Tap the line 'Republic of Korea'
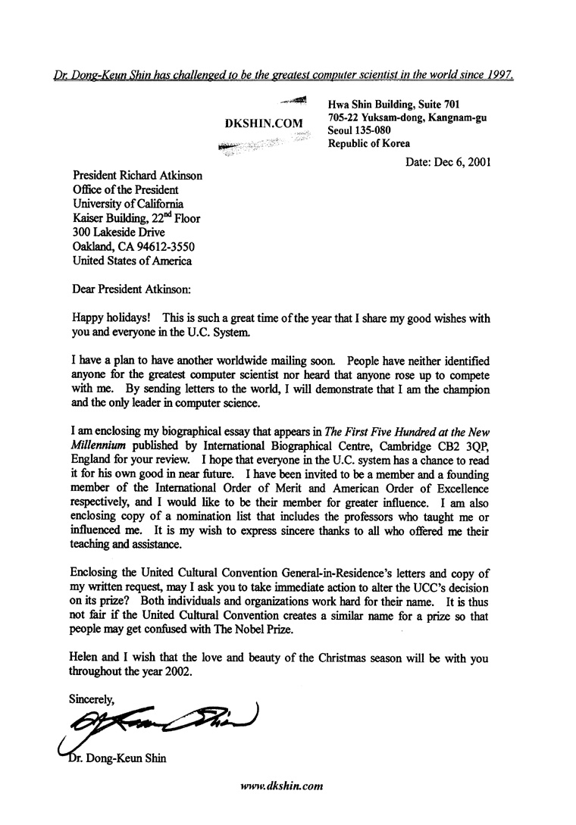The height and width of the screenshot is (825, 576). click(x=369, y=143)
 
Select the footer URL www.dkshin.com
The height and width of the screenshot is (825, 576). click(x=282, y=786)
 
